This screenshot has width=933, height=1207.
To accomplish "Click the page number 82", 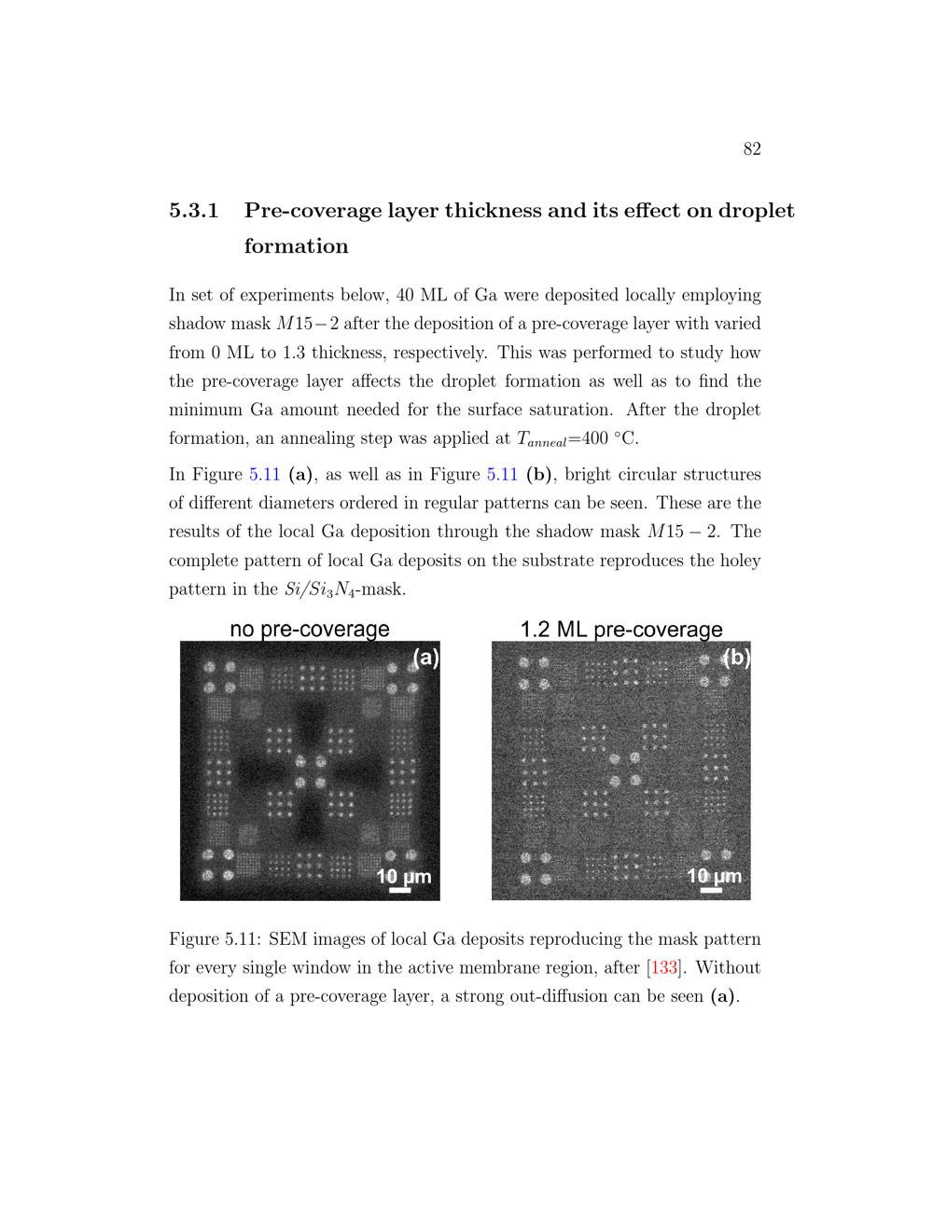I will [752, 149].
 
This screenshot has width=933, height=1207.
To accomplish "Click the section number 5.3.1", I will [194, 211].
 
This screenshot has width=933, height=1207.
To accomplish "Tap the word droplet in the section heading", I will [757, 211].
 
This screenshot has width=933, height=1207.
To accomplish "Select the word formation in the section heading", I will [296, 246].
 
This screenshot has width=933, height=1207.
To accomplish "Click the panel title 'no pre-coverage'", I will [309, 630].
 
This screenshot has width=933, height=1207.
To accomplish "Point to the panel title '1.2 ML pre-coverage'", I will [621, 630].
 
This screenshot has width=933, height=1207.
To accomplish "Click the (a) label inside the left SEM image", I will [425, 658].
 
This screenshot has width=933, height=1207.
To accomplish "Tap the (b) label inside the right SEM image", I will [737, 658].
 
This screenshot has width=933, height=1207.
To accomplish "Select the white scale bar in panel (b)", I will [711, 891].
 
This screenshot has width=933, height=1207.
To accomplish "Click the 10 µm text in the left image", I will [403, 877].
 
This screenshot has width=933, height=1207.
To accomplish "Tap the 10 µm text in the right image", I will [714, 877].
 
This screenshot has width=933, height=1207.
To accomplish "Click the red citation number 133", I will [663, 967].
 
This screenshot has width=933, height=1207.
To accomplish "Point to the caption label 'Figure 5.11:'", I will [220, 938].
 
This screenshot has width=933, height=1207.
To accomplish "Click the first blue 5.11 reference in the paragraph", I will [265, 474].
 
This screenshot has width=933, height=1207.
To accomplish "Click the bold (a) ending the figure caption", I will [723, 996].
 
